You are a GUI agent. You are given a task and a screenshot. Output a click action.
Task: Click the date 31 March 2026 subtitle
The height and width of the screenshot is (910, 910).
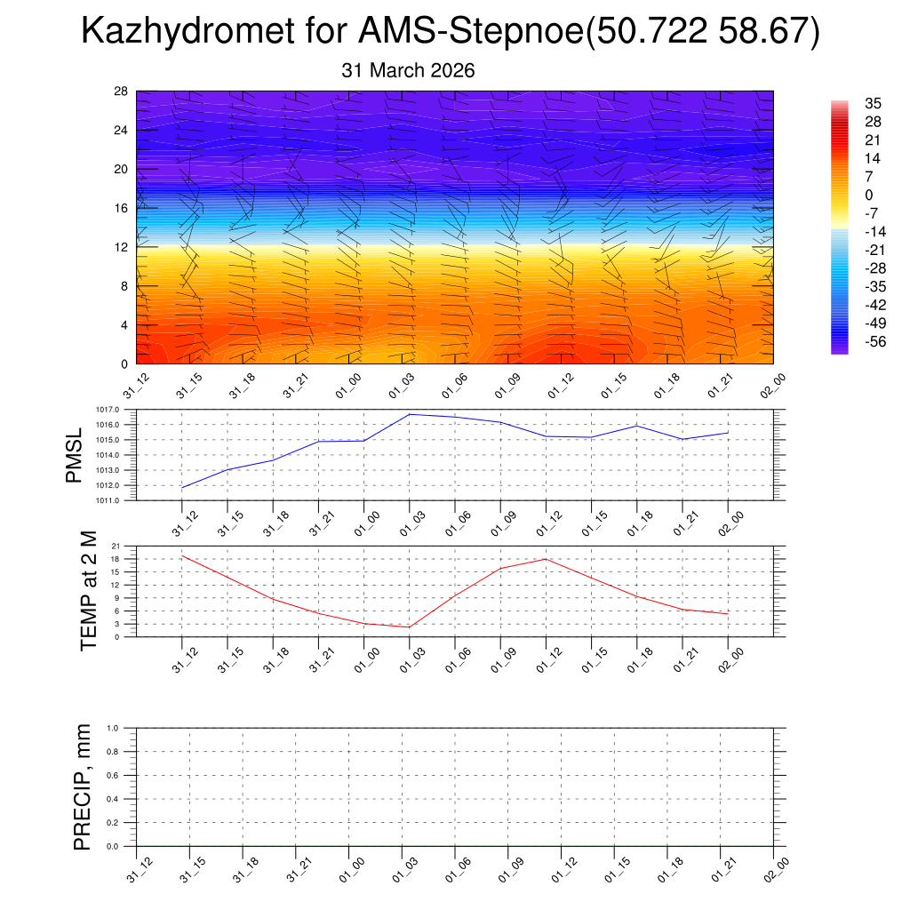coord(408,70)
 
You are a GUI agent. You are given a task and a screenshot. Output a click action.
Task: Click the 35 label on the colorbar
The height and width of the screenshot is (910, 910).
coord(873,104)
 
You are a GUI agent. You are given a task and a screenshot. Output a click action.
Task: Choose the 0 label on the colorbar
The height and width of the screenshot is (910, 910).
coord(869,196)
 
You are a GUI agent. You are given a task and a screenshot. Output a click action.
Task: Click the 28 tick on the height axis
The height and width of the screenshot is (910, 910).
coord(121,92)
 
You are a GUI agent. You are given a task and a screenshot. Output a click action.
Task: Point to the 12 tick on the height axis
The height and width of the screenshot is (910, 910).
coord(121,247)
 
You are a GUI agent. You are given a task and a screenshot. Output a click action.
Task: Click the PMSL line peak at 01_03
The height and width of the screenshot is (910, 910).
coord(410,414)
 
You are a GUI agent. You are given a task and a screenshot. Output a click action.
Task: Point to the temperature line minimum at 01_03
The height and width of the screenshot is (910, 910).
coord(410,627)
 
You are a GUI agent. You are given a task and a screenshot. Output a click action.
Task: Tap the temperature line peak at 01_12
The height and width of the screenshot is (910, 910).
coord(546,559)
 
